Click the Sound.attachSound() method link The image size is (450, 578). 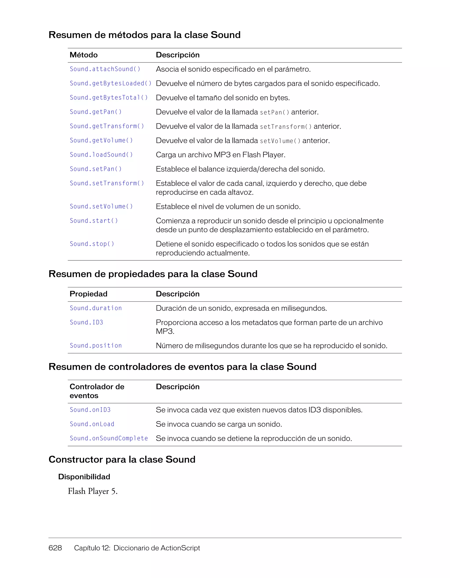click(x=105, y=69)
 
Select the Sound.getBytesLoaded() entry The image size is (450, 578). click(x=111, y=83)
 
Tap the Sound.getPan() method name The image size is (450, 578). click(x=96, y=112)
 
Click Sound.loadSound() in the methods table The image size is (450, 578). click(x=101, y=155)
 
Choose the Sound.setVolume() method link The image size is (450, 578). click(x=101, y=207)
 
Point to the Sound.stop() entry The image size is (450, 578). click(x=92, y=244)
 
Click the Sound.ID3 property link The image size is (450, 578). click(x=86, y=323)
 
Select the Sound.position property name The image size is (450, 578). click(x=96, y=346)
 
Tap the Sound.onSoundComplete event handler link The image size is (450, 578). click(x=109, y=439)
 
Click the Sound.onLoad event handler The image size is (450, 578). click(x=92, y=424)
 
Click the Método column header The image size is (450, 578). click(x=83, y=55)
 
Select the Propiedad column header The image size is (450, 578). click(x=88, y=294)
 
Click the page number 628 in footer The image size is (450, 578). click(x=55, y=548)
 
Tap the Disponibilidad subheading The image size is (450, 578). click(x=84, y=477)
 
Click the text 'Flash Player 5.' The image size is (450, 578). click(x=93, y=492)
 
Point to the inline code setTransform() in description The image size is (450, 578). click(x=286, y=127)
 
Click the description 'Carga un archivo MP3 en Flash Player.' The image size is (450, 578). click(x=221, y=155)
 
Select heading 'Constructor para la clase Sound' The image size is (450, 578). click(x=122, y=460)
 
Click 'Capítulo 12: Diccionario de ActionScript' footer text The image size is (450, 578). click(x=137, y=548)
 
